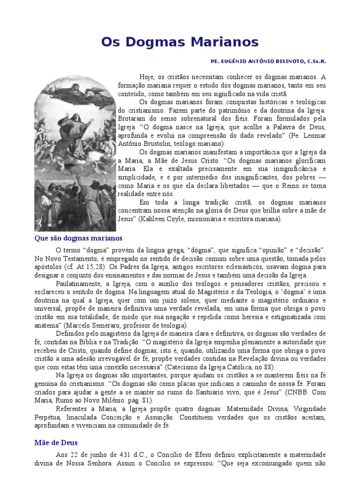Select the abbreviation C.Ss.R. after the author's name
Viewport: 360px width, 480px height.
[316, 61]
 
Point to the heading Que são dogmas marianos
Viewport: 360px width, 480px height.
[78, 238]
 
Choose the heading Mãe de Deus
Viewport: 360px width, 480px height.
[56, 442]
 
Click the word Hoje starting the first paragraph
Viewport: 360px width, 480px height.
[146, 76]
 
